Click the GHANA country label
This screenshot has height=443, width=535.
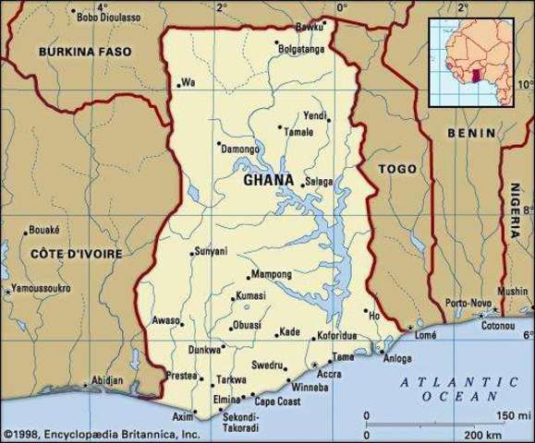coord(269,181)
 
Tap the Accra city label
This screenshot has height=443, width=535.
coord(329,375)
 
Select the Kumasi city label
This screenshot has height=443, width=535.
coord(249,295)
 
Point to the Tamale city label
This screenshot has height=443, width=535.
coord(298,132)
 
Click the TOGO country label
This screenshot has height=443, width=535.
coord(398,170)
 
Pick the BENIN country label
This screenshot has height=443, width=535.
coord(464,133)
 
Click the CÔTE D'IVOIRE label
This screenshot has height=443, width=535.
coord(63,253)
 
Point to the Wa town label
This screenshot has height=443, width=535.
coord(188,83)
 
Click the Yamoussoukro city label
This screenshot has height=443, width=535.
coord(41,289)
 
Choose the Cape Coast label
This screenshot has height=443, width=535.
coord(277,402)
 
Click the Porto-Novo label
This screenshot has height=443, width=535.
coord(468,303)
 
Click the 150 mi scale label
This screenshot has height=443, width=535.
coord(507,414)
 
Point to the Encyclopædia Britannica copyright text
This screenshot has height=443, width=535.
coord(101,434)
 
